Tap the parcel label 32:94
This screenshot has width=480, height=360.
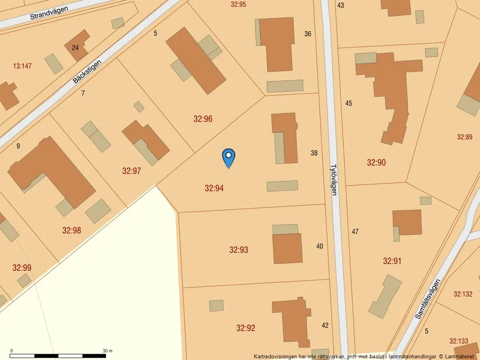(x=214, y=188)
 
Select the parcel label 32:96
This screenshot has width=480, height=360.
(x=203, y=119)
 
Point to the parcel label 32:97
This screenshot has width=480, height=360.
(x=131, y=171)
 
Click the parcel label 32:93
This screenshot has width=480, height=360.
(x=239, y=250)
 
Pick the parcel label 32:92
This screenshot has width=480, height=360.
(x=246, y=328)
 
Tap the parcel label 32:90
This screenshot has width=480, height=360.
(x=376, y=162)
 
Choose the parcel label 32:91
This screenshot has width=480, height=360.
(x=392, y=261)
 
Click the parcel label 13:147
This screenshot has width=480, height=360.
(x=22, y=66)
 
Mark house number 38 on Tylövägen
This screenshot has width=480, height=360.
(x=314, y=153)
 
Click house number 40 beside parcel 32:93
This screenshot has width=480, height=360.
(x=319, y=246)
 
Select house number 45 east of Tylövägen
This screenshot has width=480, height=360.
(x=349, y=104)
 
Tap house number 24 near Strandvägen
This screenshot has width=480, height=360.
(x=75, y=48)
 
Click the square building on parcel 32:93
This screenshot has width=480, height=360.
(x=287, y=248)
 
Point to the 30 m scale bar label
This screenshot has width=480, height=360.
(x=108, y=351)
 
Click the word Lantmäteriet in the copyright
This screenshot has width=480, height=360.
(x=460, y=356)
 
